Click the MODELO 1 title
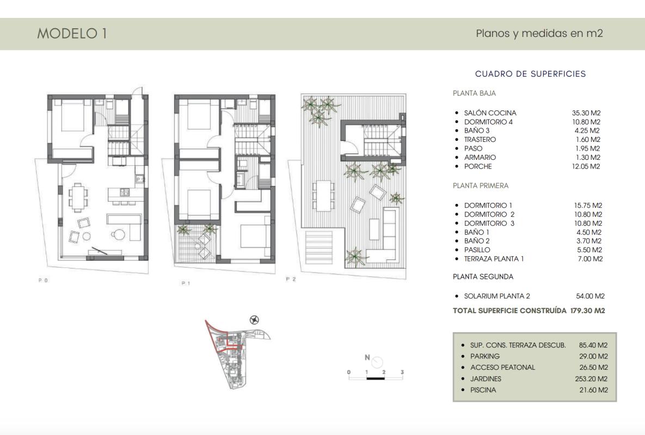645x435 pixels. tap(72, 34)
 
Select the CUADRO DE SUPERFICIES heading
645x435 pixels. tap(530, 74)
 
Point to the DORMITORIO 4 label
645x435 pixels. tap(488, 122)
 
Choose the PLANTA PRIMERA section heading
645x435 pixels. tap(480, 185)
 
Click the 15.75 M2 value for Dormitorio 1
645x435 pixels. tap(588, 206)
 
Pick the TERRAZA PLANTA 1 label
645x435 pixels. tap(494, 259)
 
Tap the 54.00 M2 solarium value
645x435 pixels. tap(590, 296)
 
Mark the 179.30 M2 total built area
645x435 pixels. tap(587, 311)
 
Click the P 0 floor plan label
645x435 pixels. tap(43, 280)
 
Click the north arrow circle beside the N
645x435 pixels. tap(377, 362)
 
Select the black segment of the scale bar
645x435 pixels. tap(376, 378)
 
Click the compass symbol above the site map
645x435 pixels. tap(254, 320)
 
